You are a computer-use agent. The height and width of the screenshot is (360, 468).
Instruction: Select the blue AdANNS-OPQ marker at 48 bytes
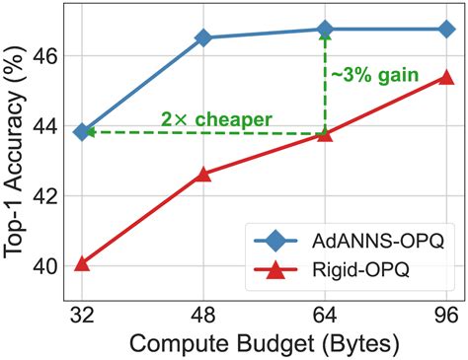203,37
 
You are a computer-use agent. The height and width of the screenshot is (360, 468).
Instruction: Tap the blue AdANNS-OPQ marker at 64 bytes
325,29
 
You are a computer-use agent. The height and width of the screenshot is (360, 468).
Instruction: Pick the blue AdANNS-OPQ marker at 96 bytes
446,29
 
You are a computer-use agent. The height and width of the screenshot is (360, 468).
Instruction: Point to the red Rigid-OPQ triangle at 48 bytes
203,174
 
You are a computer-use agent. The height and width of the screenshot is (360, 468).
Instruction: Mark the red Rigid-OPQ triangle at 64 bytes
325,133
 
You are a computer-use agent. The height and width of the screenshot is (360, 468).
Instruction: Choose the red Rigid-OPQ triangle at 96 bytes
446,76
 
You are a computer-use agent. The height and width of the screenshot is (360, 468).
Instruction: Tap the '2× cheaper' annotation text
216,119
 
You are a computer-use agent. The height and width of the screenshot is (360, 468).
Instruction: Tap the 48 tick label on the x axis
203,317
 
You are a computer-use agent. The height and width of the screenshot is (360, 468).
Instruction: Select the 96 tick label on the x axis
446,317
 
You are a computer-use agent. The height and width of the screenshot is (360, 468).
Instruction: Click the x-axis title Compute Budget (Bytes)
264,343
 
